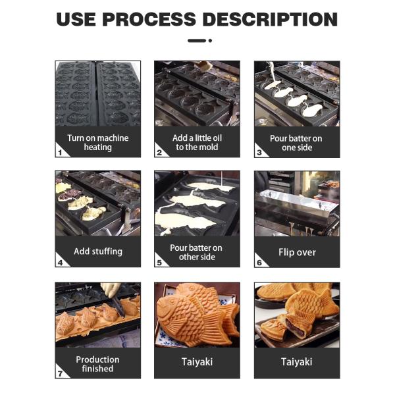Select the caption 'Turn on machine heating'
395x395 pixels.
coord(97,143)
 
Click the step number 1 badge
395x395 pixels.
coord(60,152)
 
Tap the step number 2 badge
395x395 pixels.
coord(159,152)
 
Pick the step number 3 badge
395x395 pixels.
coord(259,152)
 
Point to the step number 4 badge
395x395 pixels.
coord(60,262)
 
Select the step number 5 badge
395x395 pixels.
coord(159,262)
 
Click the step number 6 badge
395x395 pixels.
coord(259,262)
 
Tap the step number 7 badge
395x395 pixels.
coord(60,373)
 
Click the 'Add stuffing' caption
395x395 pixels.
coord(97,251)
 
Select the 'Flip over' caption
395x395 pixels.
coord(297,252)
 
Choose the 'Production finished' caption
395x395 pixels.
coord(97,364)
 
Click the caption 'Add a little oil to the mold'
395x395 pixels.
coord(197,143)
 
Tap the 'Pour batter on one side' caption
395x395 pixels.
coord(296,143)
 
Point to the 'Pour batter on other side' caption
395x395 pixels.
coord(196,252)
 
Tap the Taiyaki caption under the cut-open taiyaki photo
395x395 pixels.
coord(296,362)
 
